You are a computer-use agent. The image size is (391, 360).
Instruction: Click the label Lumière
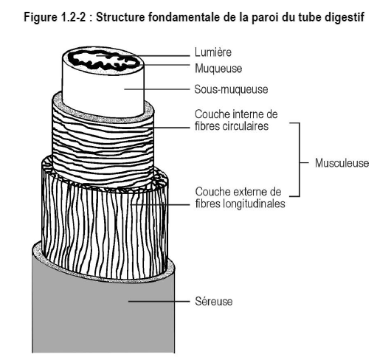point(213,52)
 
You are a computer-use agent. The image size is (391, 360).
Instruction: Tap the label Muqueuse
point(218,69)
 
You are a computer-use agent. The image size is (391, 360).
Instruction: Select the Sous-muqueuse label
point(231,89)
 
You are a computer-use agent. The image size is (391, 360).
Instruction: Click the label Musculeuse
point(342,163)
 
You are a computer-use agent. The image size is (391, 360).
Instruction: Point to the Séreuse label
point(214,301)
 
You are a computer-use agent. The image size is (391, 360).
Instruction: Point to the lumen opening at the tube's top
point(104,60)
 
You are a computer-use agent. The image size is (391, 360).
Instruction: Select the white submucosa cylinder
point(103,92)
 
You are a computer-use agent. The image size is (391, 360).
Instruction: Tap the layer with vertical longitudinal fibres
point(105,224)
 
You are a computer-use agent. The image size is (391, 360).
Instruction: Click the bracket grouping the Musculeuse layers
point(300,159)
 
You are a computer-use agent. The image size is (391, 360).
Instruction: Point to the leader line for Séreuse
point(159,301)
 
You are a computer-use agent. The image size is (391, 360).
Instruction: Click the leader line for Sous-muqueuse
point(157,89)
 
